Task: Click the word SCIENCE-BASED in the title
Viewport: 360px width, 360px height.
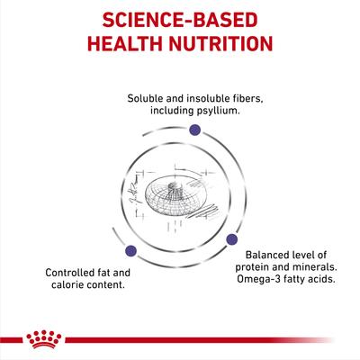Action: [x=180, y=19]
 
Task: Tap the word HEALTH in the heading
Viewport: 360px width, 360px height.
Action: [x=122, y=45]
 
